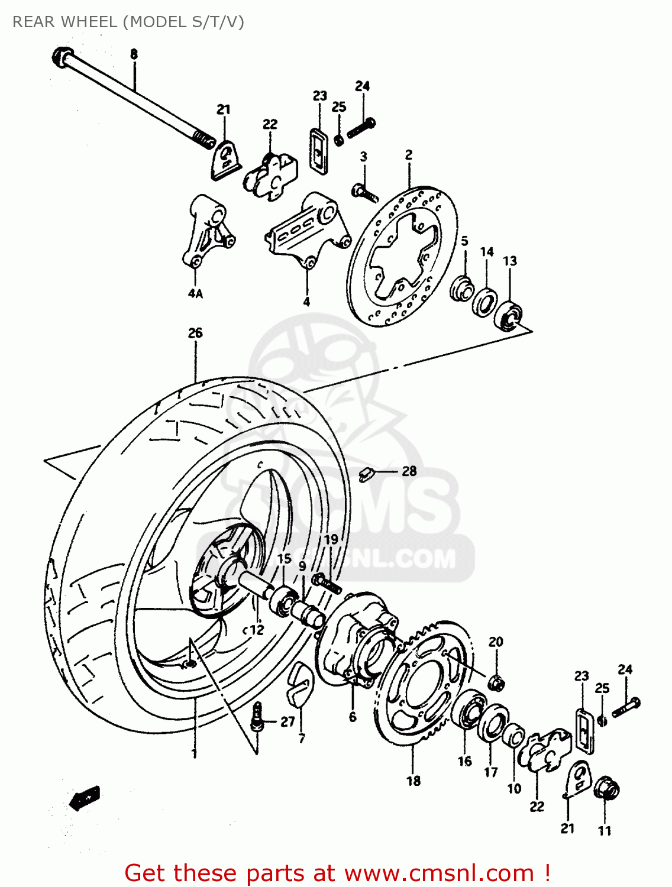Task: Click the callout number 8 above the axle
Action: click(x=134, y=54)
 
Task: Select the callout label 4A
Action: click(x=195, y=293)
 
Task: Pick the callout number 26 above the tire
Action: click(x=195, y=333)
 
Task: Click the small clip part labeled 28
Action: click(x=366, y=472)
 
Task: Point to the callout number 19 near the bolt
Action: click(x=331, y=539)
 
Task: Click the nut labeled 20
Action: click(x=496, y=683)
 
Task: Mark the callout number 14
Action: click(x=487, y=252)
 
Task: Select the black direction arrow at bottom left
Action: click(x=85, y=799)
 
